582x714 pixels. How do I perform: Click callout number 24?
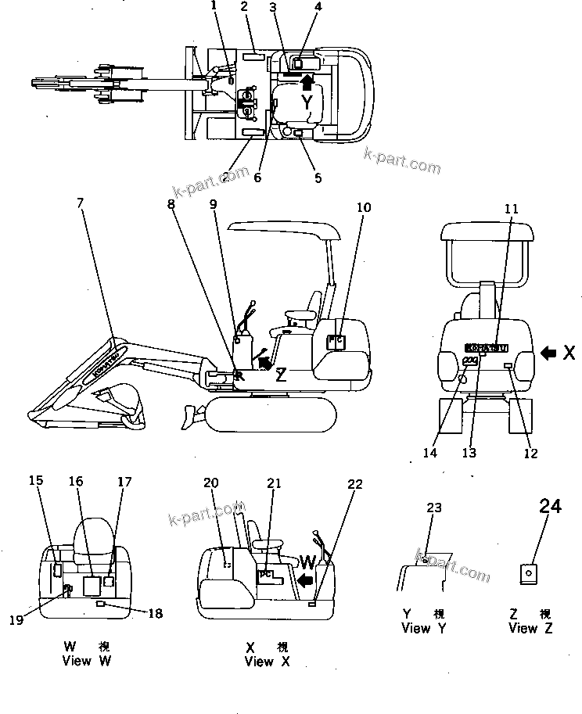(x=550, y=507)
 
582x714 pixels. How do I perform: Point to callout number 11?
(x=511, y=209)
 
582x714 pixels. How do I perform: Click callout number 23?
(x=433, y=508)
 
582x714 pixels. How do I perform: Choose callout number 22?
(x=355, y=484)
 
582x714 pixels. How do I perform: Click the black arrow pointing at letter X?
(x=549, y=353)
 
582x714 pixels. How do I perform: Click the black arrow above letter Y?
(x=308, y=81)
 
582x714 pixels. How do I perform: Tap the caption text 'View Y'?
(x=426, y=628)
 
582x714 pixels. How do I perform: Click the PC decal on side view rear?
(x=336, y=341)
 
